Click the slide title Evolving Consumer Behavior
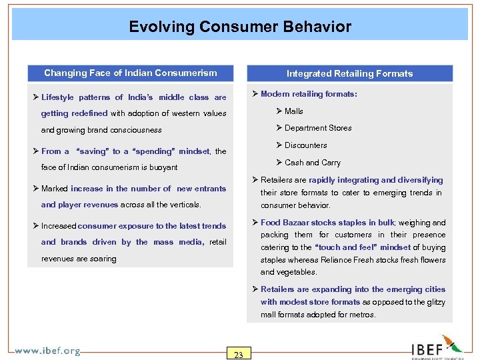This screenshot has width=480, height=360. pos(240,27)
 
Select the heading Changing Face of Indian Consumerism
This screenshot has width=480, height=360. pos(130,73)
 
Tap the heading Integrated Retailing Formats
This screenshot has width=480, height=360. pos(349,73)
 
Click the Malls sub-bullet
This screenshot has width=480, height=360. pos(293,111)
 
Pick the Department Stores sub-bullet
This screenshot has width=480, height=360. pos(317,128)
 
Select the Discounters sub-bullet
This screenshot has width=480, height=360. pos(305,145)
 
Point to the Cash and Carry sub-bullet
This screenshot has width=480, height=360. pos(312,163)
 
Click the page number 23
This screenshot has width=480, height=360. pos(238,354)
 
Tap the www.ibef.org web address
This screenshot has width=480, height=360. pos(47,351)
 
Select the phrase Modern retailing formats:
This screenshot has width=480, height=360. pos(309,94)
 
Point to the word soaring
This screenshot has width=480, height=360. pos(101,259)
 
